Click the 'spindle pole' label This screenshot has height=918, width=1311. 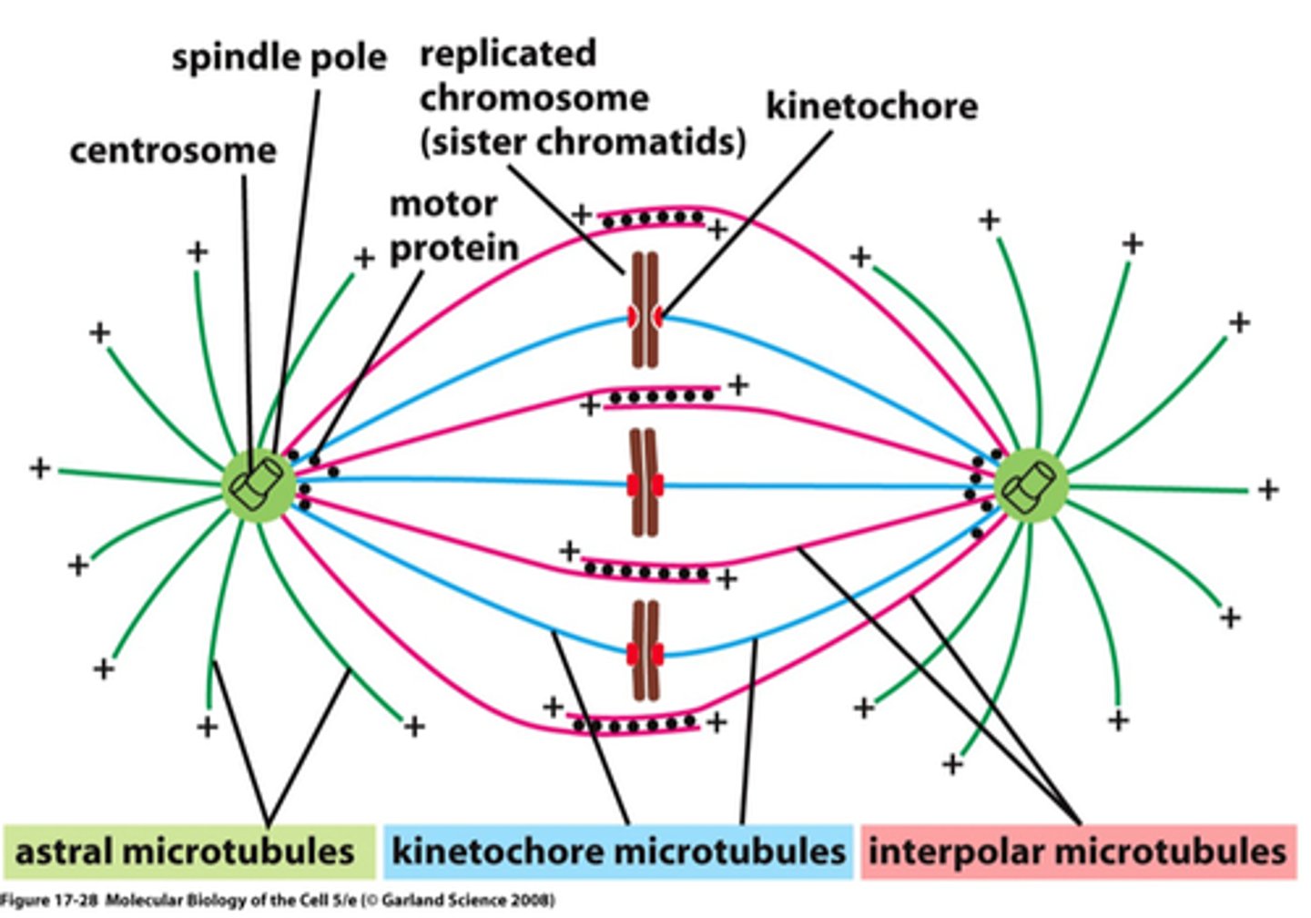[x=279, y=57]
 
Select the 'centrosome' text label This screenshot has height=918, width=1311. [x=173, y=150]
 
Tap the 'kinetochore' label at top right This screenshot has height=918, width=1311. [x=871, y=107]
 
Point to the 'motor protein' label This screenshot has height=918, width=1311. [x=453, y=226]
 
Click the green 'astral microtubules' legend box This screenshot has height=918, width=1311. [x=188, y=852]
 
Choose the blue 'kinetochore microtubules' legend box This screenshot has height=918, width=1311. [x=618, y=852]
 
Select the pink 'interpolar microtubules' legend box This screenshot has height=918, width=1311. [x=1077, y=852]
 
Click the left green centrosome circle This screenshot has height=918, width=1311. [x=259, y=485]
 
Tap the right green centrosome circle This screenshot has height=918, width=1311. [x=1031, y=485]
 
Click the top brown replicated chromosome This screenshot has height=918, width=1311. [x=645, y=311]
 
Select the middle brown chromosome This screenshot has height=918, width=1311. [x=645, y=483]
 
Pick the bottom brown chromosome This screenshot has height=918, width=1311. [x=645, y=650]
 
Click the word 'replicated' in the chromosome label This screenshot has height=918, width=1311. [x=507, y=53]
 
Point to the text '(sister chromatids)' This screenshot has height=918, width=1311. [x=583, y=142]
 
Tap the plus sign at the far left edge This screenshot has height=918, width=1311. [x=40, y=468]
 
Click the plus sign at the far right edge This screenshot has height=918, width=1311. [x=1268, y=490]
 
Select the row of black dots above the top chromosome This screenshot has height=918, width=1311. [x=652, y=218]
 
